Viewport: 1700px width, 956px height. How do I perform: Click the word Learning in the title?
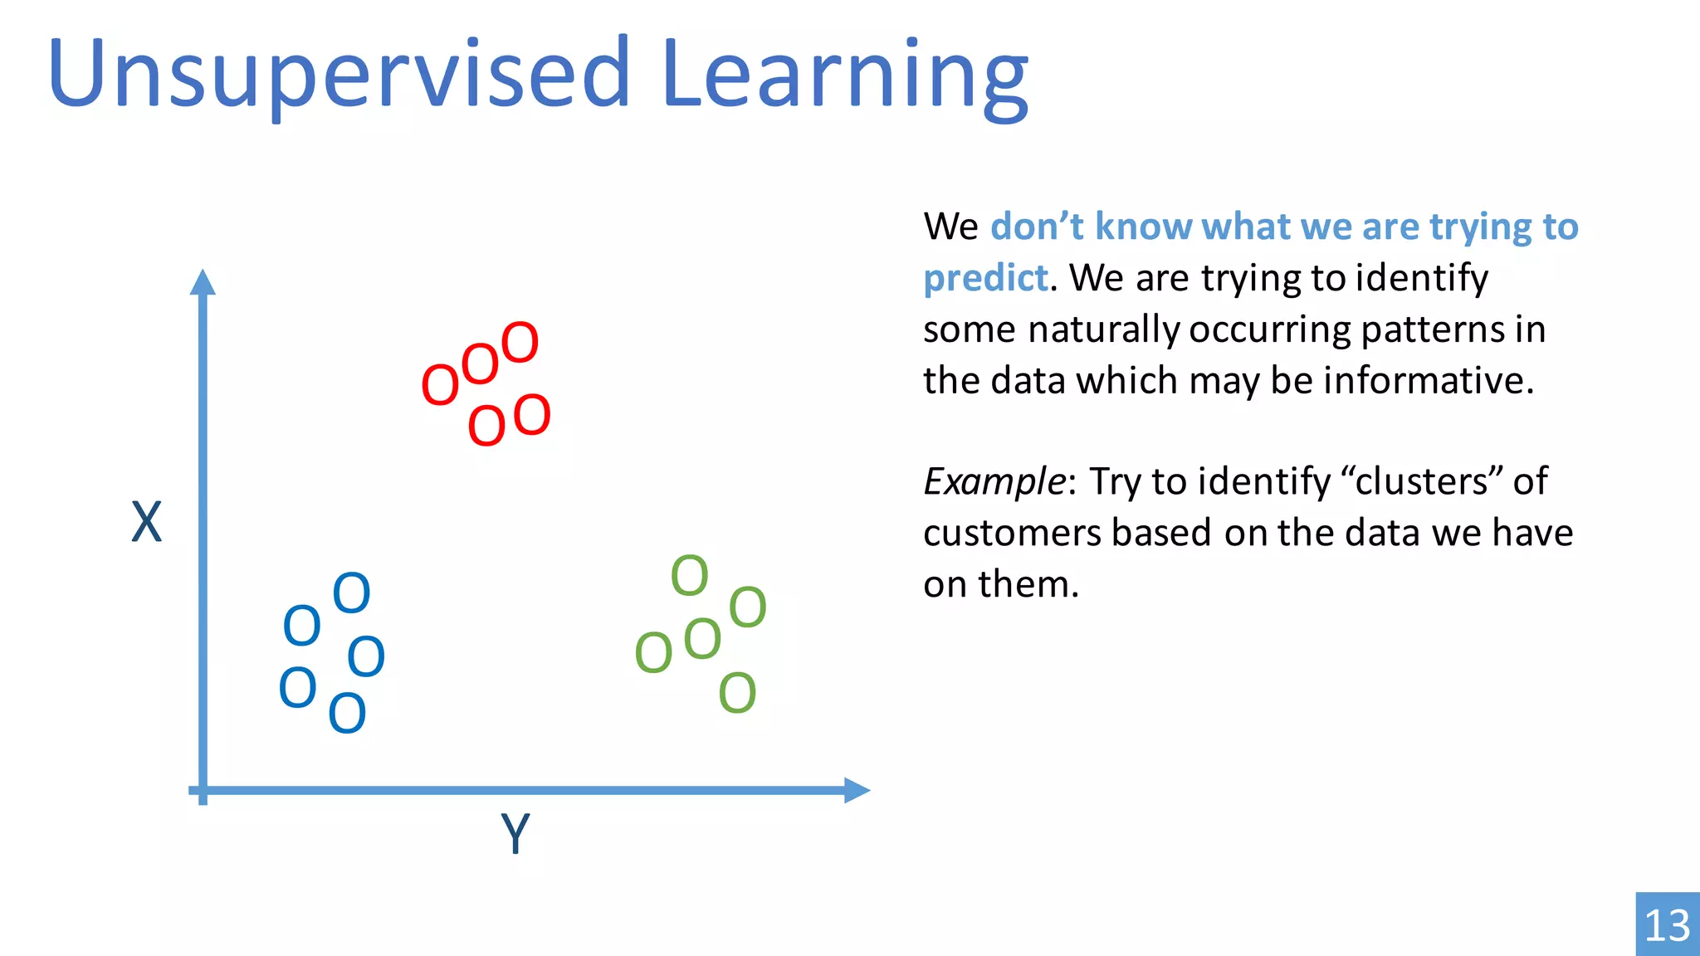tap(845, 76)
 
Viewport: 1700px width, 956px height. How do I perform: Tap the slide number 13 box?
tap(1667, 924)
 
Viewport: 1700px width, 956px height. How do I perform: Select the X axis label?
tap(147, 523)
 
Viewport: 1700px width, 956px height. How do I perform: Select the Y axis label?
tap(515, 833)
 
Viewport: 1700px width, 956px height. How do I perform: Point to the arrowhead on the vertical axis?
tap(203, 282)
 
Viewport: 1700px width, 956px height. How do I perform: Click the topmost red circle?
tap(520, 343)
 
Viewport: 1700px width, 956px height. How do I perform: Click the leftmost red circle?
tap(440, 385)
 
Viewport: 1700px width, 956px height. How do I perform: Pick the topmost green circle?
tap(689, 575)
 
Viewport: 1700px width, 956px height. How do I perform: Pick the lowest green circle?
tap(737, 693)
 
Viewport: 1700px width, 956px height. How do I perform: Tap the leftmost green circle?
tap(653, 652)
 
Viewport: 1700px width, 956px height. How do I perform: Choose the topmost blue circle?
tap(351, 593)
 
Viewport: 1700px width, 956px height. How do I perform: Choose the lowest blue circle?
tap(347, 713)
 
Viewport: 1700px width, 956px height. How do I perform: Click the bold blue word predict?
tap(986, 278)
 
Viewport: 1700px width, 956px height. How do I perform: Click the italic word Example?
tap(994, 482)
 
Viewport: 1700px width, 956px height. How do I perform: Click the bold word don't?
tap(1037, 227)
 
